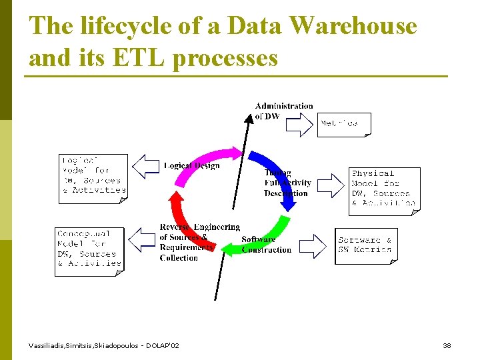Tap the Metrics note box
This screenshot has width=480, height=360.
(343, 124)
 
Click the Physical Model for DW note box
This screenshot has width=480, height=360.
(384, 190)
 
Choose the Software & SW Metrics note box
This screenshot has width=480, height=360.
(365, 245)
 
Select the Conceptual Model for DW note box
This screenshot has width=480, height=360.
(89, 251)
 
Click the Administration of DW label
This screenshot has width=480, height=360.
(283, 111)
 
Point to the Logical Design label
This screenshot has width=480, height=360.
(191, 165)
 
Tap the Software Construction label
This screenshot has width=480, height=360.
(266, 245)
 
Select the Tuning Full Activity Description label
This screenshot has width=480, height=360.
(287, 183)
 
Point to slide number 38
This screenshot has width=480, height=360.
(447, 345)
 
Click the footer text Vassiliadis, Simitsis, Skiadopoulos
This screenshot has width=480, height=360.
(103, 345)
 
